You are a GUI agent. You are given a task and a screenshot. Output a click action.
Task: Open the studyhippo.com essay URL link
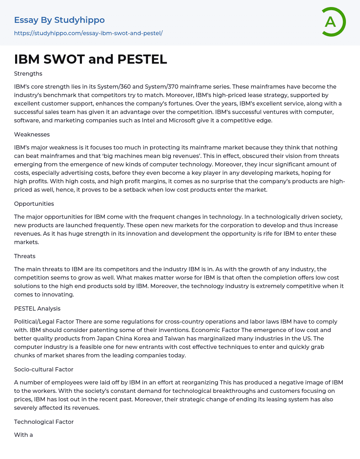pyautogui.click(x=88, y=33)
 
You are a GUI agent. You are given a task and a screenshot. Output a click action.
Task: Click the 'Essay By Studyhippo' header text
pyautogui.click(x=59, y=20)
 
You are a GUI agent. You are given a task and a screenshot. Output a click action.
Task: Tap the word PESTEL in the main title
pyautogui.click(x=142, y=59)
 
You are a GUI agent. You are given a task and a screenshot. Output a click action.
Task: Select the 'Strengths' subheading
pyautogui.click(x=28, y=74)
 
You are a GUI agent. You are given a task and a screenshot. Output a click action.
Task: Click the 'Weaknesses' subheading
pyautogui.click(x=32, y=134)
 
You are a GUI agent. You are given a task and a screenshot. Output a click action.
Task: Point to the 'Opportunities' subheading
pyautogui.click(x=34, y=204)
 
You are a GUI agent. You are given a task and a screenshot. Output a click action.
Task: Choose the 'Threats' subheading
pyautogui.click(x=25, y=256)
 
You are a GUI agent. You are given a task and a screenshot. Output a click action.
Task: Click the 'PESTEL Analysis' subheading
pyautogui.click(x=37, y=308)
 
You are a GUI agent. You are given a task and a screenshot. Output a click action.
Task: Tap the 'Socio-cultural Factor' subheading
pyautogui.click(x=44, y=369)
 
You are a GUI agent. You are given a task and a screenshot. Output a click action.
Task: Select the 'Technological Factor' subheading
pyautogui.click(x=44, y=422)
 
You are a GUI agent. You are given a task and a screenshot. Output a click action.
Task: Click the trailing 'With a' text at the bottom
pyautogui.click(x=24, y=435)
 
